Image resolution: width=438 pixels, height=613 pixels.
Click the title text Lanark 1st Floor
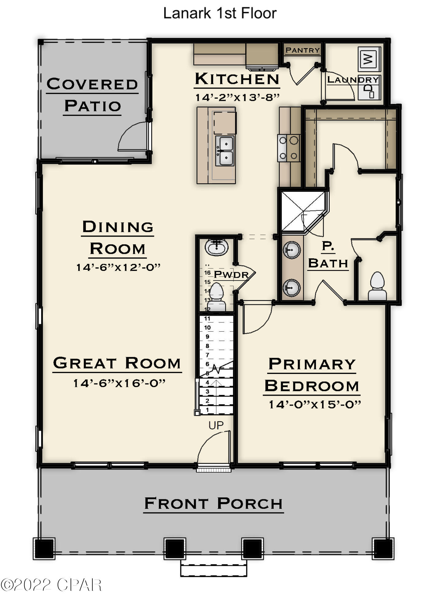point(220,13)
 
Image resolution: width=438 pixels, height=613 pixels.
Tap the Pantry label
point(302,50)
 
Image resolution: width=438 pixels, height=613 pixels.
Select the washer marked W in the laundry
point(369,59)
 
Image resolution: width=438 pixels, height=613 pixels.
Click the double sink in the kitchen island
point(225,151)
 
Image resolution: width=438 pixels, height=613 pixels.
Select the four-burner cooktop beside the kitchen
point(288,148)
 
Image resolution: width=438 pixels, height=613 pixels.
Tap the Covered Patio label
point(92,95)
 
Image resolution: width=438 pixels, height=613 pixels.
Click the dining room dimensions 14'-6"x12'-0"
point(118,267)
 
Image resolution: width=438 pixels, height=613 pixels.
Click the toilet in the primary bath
point(377,287)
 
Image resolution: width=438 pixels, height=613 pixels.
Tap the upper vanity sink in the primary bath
point(291,250)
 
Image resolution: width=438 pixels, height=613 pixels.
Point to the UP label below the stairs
point(216,425)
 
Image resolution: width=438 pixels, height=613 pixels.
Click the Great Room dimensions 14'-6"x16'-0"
point(119,383)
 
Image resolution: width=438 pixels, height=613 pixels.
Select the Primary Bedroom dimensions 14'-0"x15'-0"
point(314,405)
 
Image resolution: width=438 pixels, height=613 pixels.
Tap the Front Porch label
point(213,504)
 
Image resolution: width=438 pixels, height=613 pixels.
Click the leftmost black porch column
point(44,549)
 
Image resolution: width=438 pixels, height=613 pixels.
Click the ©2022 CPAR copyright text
point(51,585)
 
